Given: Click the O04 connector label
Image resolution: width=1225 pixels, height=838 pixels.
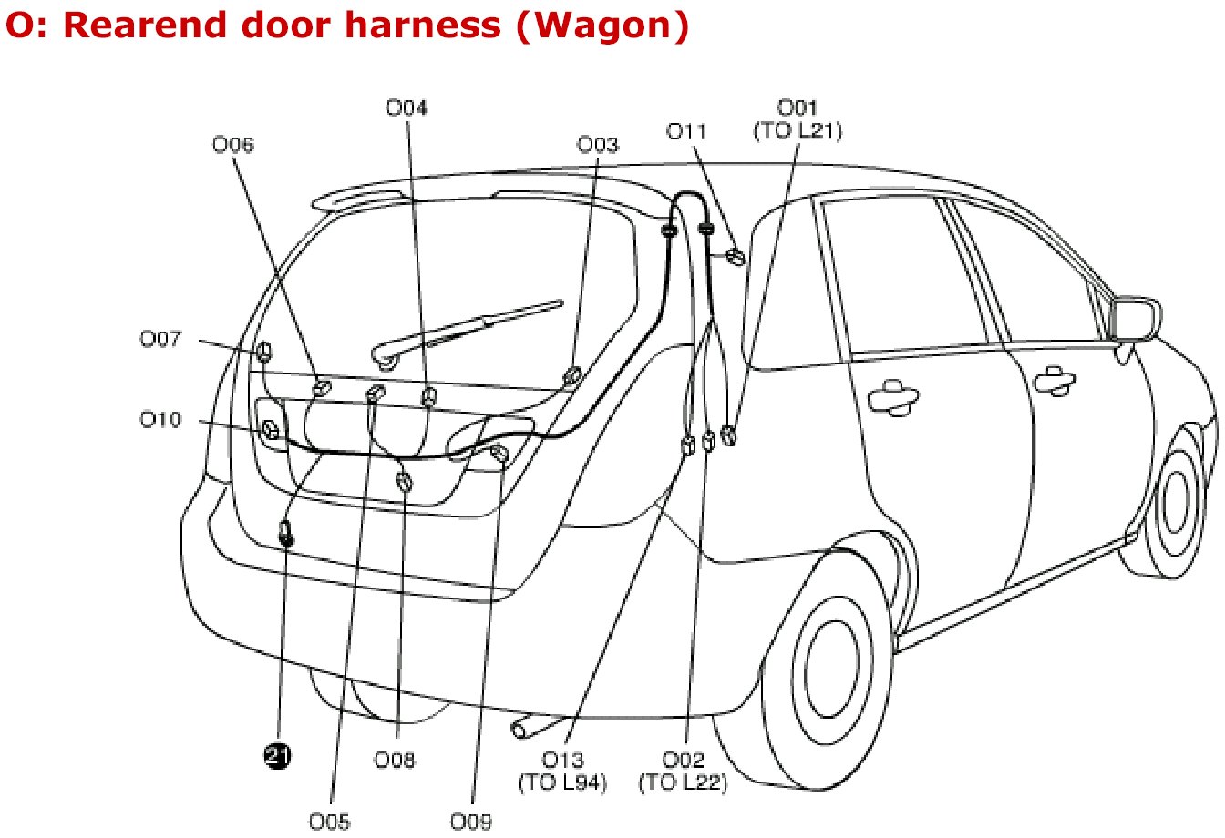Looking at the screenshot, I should (x=407, y=108).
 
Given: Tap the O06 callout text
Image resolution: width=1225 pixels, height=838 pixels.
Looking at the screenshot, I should (x=233, y=145).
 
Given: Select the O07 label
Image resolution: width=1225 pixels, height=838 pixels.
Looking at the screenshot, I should (x=160, y=340).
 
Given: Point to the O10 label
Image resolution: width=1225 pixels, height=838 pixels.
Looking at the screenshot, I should (x=160, y=420).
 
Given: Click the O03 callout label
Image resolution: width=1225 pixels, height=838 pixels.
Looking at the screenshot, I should (x=598, y=145).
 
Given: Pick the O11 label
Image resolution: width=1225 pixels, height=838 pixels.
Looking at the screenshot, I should (x=687, y=131).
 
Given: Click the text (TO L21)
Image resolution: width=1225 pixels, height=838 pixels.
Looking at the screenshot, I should (x=798, y=131).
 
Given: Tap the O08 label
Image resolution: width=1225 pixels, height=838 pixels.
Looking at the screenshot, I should (x=395, y=760).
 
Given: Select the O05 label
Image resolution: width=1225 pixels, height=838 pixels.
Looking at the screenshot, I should (x=329, y=822).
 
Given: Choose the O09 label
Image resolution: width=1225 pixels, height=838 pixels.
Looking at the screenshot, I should (x=471, y=822).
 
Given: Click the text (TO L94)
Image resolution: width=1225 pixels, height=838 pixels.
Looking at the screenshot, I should (x=562, y=782).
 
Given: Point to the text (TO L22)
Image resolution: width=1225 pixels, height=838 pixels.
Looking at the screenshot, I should (x=684, y=782).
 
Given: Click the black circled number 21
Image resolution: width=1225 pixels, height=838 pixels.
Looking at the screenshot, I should (x=276, y=754).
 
